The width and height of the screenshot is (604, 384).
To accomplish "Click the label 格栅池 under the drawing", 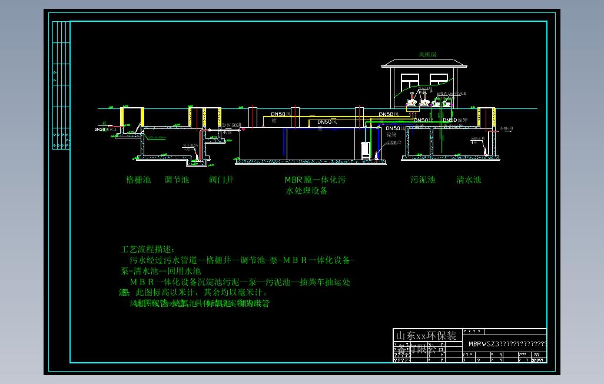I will point(139,180).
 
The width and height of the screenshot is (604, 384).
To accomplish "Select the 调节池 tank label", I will point(177,180).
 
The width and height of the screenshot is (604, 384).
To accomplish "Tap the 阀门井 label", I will point(221,180).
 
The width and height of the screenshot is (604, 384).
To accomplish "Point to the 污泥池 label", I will point(423,180).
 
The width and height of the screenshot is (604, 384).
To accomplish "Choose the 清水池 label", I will point(469,180).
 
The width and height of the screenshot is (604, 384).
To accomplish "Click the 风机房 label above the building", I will point(427,55).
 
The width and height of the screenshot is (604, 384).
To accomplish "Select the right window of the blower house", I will point(441,81).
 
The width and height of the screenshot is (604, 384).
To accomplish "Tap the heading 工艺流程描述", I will point(148,250).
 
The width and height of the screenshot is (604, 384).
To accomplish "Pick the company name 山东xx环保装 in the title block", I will point(426,336).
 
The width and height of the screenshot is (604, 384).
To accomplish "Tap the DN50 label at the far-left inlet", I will point(99,128).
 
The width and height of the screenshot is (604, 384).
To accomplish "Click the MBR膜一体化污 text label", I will point(315,180).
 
